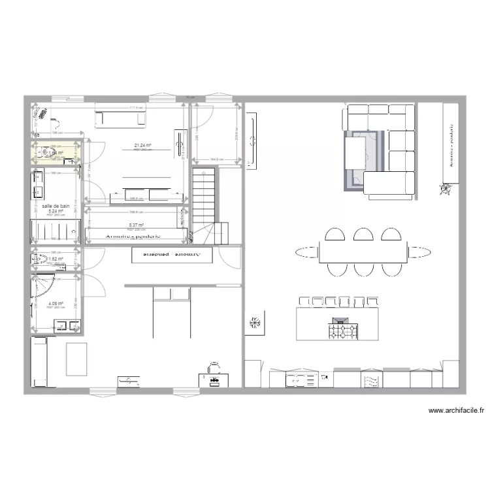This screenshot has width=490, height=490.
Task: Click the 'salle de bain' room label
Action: pos(56,206)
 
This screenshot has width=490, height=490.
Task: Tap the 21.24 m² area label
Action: pos(142,145)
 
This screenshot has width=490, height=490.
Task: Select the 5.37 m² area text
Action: pos(136,225)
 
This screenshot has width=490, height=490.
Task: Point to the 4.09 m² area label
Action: pos(55,303)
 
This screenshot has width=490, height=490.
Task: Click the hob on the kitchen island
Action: pos(344,331)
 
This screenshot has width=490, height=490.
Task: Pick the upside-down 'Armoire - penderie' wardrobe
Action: pos(172,254)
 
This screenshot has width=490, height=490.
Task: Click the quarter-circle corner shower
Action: pos(45,288)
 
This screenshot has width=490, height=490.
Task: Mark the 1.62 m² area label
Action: pos(56,259)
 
